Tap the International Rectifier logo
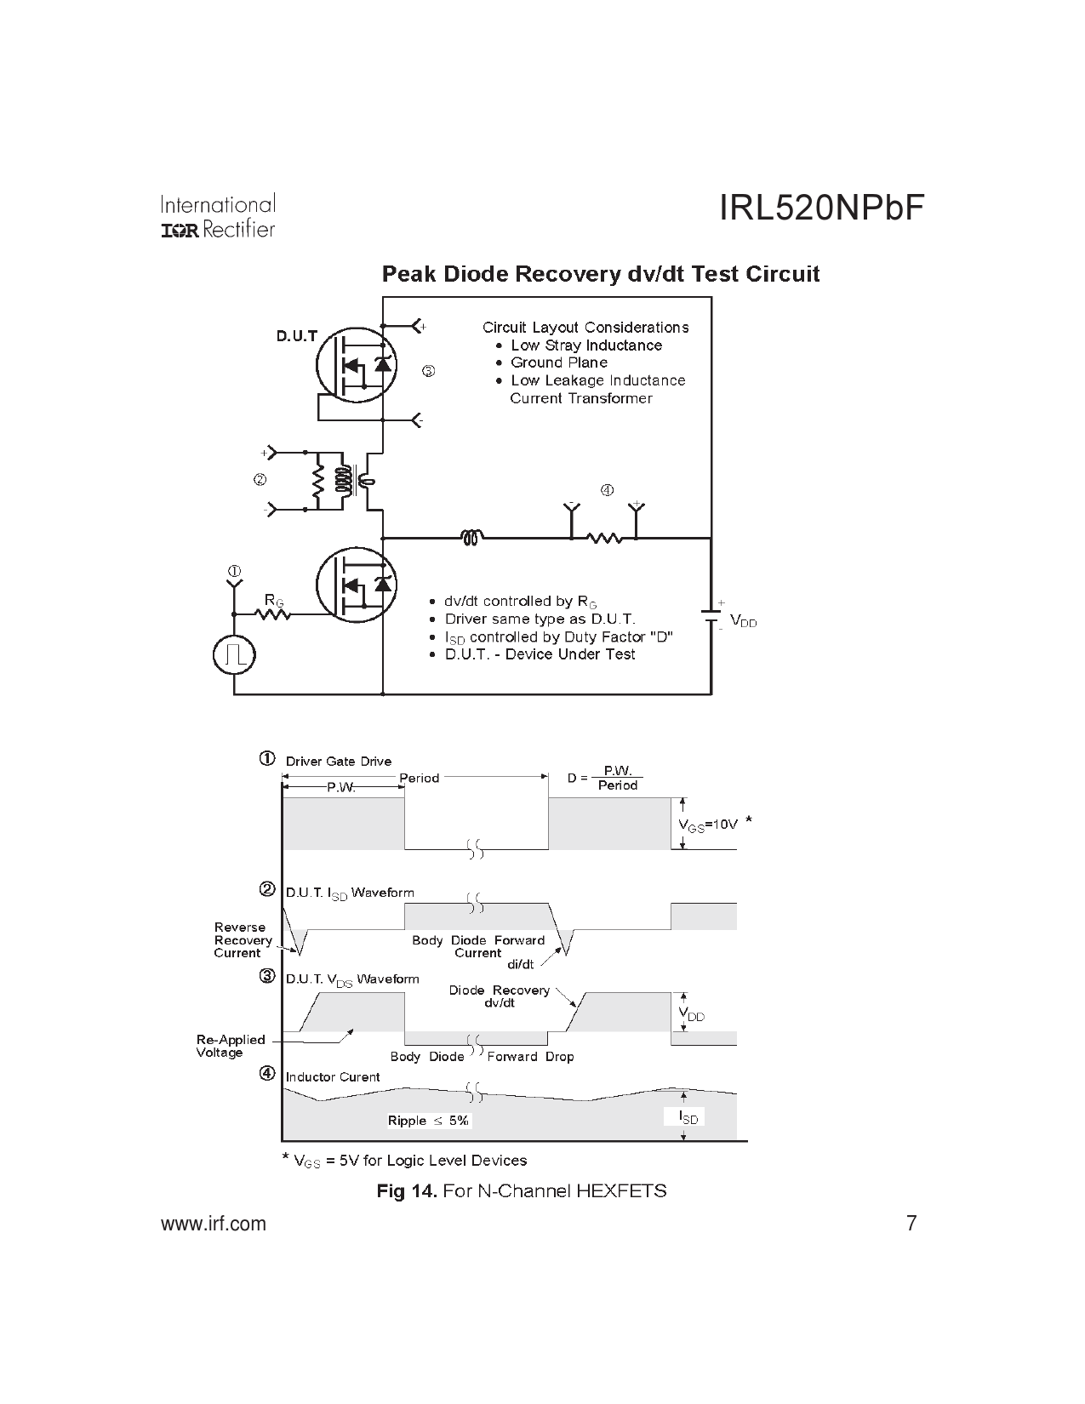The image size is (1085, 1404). [x=218, y=217]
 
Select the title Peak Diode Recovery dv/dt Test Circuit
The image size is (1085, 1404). [x=600, y=274]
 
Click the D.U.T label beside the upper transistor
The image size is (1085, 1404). [x=296, y=336]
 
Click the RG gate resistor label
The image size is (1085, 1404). [x=273, y=601]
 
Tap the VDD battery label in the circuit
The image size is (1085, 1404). [x=743, y=622]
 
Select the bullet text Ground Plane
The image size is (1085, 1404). [x=558, y=362]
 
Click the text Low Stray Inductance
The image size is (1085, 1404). [x=585, y=345]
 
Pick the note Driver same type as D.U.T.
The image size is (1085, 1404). [x=540, y=619]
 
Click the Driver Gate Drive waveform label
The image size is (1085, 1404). [x=338, y=761]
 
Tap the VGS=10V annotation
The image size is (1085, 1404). [x=707, y=824]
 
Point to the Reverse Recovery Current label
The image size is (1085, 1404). [x=243, y=940]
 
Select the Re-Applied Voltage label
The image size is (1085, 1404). [x=231, y=1046]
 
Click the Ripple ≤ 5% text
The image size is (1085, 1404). [x=428, y=1121]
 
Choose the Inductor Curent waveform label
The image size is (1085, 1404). [x=333, y=1077]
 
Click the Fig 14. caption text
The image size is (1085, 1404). [x=522, y=1190]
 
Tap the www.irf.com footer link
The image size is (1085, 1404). [x=214, y=1224]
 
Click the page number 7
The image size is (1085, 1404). [x=911, y=1224]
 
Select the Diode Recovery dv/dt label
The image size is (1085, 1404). [x=500, y=996]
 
